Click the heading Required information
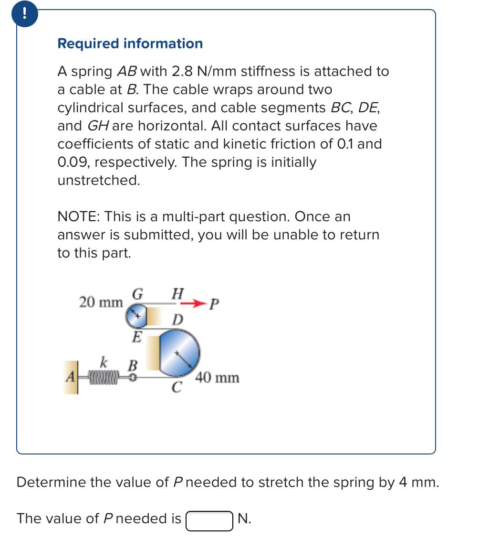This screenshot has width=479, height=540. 130,43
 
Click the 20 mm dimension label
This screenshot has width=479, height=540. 101,302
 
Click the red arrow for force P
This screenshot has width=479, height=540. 195,303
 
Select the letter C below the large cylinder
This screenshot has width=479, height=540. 176,388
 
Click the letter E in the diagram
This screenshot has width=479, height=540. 136,337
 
